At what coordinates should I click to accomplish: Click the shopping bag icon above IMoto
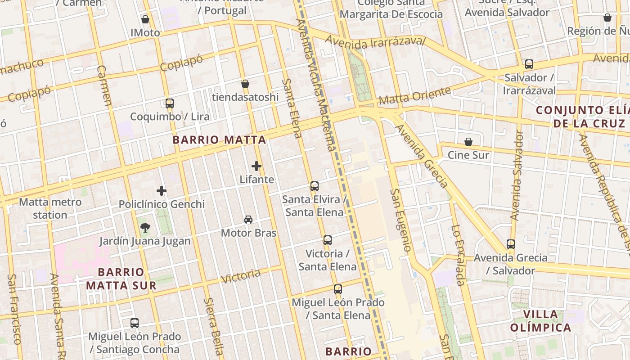[145, 19]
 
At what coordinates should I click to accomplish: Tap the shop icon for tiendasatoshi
[245, 84]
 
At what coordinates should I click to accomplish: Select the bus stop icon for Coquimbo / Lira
[170, 103]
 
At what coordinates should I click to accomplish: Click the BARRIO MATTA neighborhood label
[219, 140]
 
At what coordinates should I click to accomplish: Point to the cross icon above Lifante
[256, 166]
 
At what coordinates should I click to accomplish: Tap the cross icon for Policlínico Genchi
[162, 191]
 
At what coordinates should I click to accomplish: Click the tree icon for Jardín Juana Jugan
[145, 228]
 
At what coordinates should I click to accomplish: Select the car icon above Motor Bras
[248, 220]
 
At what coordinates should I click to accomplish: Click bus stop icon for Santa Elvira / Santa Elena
[315, 186]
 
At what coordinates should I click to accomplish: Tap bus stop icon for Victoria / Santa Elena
[328, 240]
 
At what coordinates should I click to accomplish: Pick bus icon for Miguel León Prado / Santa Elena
[338, 289]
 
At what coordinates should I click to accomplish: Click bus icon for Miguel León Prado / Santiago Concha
[135, 323]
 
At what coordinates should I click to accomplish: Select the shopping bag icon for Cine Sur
[468, 142]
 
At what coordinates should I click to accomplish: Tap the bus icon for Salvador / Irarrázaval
[529, 64]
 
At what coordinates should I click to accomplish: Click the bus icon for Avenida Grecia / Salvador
[511, 244]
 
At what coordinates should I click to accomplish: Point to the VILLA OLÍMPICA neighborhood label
[540, 321]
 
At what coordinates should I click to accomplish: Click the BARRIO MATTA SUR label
[121, 279]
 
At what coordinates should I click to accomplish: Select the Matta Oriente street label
[414, 96]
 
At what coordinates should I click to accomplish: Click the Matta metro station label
[50, 208]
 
